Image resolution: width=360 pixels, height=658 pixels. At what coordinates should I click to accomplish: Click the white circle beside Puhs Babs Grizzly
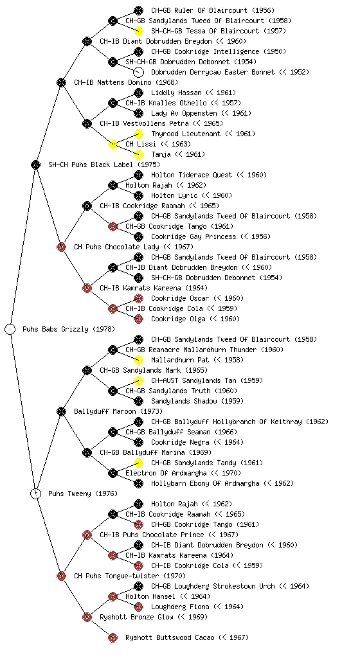[x=10, y=329]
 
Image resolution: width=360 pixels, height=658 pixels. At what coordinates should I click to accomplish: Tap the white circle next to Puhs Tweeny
[x=36, y=493]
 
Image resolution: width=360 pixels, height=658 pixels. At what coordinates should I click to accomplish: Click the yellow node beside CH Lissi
[x=113, y=144]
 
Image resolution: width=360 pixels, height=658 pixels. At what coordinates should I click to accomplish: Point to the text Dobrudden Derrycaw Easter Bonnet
[x=213, y=72]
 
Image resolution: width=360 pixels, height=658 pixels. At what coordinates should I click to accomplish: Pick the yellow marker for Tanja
[x=138, y=154]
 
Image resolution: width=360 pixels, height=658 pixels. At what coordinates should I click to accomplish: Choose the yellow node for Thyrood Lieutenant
[x=138, y=134]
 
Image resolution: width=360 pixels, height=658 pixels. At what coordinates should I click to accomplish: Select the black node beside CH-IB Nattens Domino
[x=61, y=82]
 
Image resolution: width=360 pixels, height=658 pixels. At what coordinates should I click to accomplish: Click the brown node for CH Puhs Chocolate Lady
[x=61, y=247]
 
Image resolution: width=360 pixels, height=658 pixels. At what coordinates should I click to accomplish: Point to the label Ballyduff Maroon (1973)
[x=118, y=411]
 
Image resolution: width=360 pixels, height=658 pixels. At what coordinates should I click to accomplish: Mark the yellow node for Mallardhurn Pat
[x=138, y=360]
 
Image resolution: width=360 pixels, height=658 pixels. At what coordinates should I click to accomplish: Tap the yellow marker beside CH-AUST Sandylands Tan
[x=138, y=380]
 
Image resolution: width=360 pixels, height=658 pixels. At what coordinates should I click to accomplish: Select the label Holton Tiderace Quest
[x=192, y=175]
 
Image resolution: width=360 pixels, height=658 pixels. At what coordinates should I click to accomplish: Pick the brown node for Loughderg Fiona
[x=138, y=607]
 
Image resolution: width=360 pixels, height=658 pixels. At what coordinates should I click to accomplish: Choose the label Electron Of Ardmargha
[x=166, y=473]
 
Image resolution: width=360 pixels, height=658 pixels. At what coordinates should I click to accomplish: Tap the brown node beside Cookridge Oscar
[x=138, y=298]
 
